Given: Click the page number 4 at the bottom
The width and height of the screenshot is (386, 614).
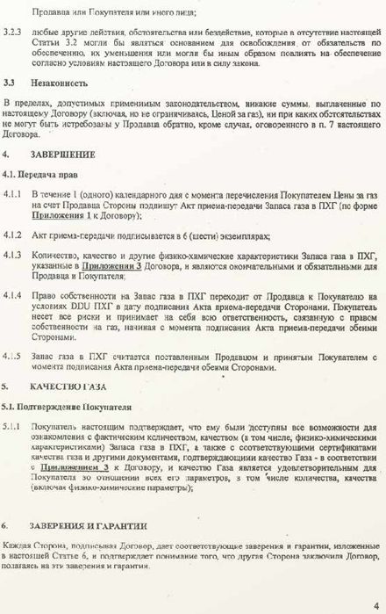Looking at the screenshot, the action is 375,603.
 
